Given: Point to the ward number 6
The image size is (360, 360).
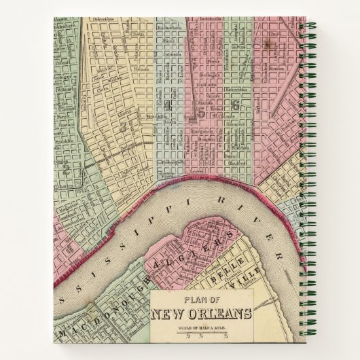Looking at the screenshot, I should [235, 105].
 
